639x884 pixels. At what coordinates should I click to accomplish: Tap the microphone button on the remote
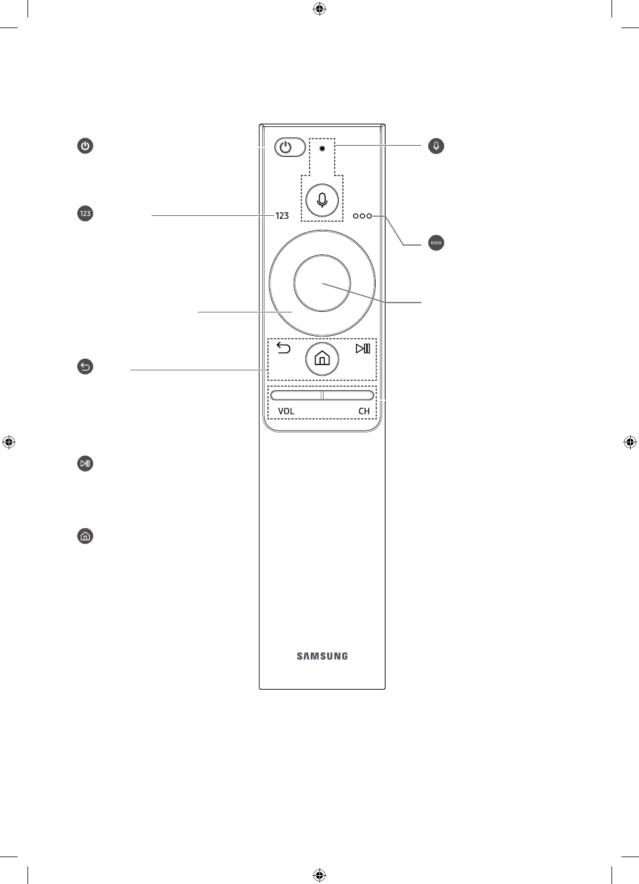pos(321,199)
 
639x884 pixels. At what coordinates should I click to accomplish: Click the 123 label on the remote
pos(282,216)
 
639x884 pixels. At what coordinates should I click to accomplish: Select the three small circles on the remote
pos(362,216)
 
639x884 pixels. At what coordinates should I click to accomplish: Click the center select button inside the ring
pos(322,283)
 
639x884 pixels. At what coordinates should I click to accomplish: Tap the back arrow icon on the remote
pos(283,349)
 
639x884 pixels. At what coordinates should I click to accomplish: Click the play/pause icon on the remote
pos(363,349)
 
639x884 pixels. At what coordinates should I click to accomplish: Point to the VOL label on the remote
pos(286,411)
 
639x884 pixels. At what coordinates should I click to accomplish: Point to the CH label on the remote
pos(364,411)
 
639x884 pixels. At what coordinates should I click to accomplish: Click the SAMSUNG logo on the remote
pos(322,656)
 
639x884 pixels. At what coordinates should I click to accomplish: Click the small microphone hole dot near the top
pos(322,148)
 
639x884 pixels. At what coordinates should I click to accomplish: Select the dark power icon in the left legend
pos(85,146)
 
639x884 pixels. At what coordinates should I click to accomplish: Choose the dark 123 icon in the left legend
pos(85,214)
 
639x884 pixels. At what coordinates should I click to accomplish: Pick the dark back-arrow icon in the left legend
pos(85,367)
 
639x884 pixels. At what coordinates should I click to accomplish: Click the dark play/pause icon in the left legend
pos(85,464)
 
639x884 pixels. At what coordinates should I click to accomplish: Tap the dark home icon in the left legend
pos(85,536)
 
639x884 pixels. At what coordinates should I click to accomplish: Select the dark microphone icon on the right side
pos(436,146)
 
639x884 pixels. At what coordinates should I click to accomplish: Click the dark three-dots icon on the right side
pos(436,242)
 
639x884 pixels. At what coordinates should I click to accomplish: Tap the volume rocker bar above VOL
pos(296,395)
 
